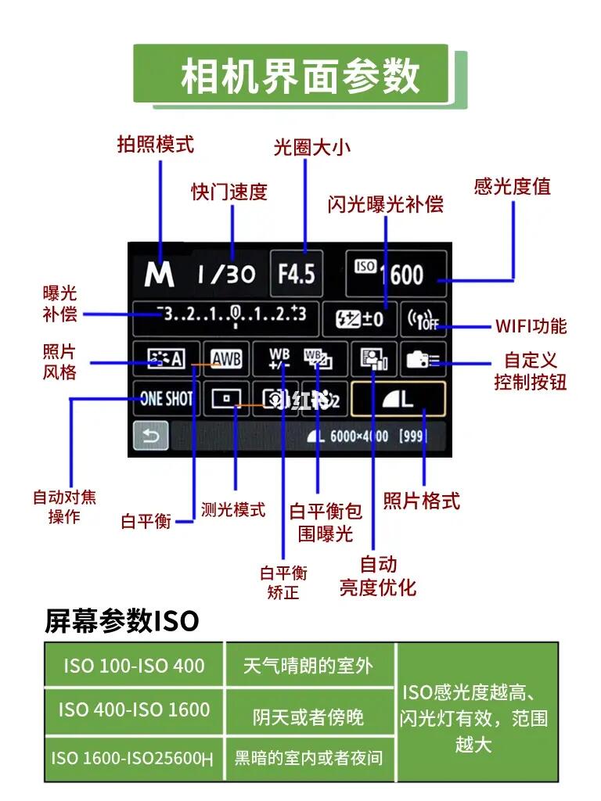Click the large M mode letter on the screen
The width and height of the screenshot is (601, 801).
(159, 274)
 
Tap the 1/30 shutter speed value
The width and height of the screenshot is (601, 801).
(226, 274)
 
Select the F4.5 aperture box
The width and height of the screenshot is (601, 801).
(297, 274)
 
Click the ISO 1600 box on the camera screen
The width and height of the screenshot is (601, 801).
(396, 274)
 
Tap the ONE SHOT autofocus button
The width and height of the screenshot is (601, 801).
(166, 399)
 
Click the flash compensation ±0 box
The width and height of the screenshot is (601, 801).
(360, 318)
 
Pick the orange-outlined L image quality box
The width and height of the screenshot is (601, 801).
(398, 399)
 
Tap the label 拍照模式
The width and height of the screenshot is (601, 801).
(155, 144)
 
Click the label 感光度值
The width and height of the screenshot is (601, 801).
(512, 186)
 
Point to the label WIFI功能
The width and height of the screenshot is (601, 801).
(531, 326)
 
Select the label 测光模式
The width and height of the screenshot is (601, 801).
(233, 510)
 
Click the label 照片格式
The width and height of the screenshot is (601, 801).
(421, 501)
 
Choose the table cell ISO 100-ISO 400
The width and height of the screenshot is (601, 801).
(134, 666)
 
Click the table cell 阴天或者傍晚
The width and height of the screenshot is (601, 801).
(308, 717)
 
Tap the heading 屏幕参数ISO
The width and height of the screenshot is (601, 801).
(122, 622)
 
